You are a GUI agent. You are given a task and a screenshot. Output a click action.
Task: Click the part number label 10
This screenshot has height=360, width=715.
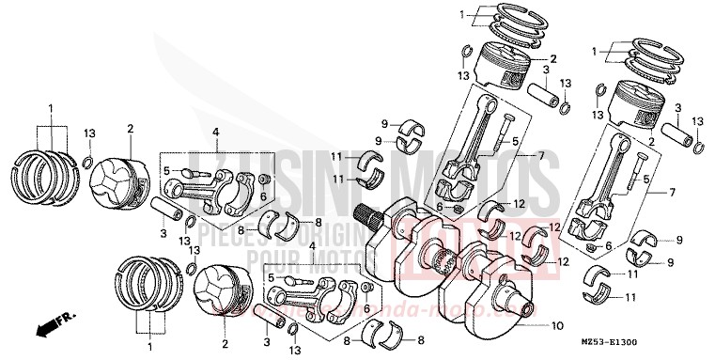coord(558,326)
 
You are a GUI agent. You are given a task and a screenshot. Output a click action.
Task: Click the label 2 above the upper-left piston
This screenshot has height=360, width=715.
coord(130,129)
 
